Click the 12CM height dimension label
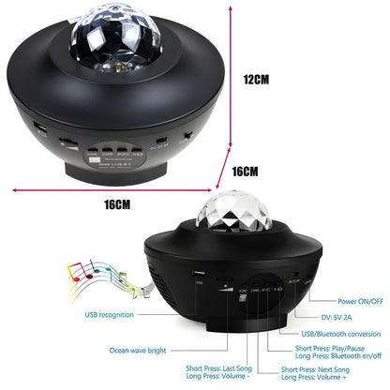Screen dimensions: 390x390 (x=255, y=81)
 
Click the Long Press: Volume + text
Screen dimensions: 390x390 (x=302, y=379)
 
